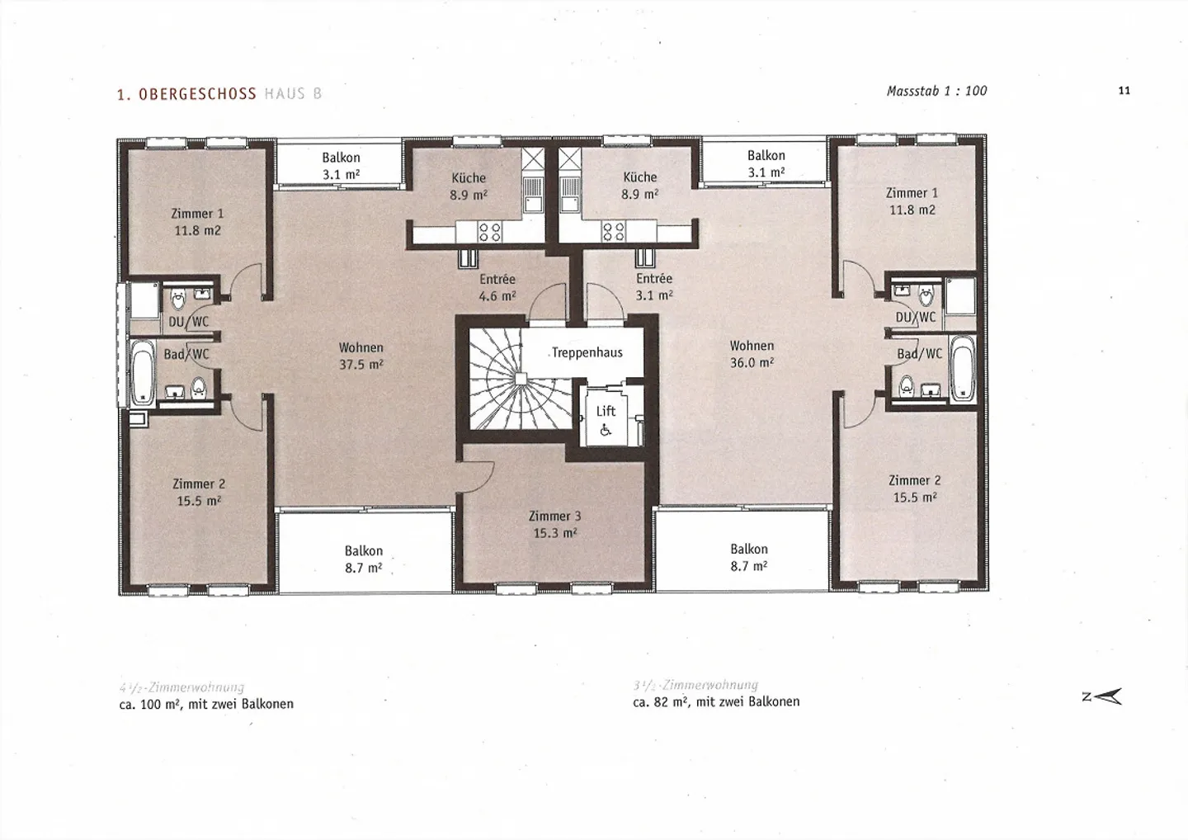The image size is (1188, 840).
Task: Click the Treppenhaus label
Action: click(587, 353)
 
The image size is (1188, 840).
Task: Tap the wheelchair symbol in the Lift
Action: click(606, 429)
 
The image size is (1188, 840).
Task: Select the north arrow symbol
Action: click(1104, 697)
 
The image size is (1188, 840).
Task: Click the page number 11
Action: click(1124, 91)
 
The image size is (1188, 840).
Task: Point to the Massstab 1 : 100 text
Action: click(936, 91)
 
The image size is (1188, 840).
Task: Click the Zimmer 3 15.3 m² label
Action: click(554, 525)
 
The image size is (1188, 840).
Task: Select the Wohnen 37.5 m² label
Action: click(361, 356)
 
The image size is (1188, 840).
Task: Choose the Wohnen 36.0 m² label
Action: click(752, 354)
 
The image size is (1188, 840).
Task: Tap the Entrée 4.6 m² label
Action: click(497, 287)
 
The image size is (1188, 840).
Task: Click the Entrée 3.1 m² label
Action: click(654, 286)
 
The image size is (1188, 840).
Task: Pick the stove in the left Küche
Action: click(490, 231)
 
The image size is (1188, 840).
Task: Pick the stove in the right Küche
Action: click(614, 231)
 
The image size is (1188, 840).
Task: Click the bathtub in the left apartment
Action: click(143, 372)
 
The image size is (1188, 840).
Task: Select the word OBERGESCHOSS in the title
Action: click(197, 94)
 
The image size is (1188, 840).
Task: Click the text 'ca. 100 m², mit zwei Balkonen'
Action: click(206, 704)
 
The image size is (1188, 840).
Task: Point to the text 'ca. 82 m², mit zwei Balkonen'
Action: click(716, 701)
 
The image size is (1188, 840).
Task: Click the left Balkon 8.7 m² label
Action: click(363, 559)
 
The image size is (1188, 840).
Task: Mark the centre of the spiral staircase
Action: click(521, 379)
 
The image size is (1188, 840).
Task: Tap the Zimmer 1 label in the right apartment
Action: click(912, 201)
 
